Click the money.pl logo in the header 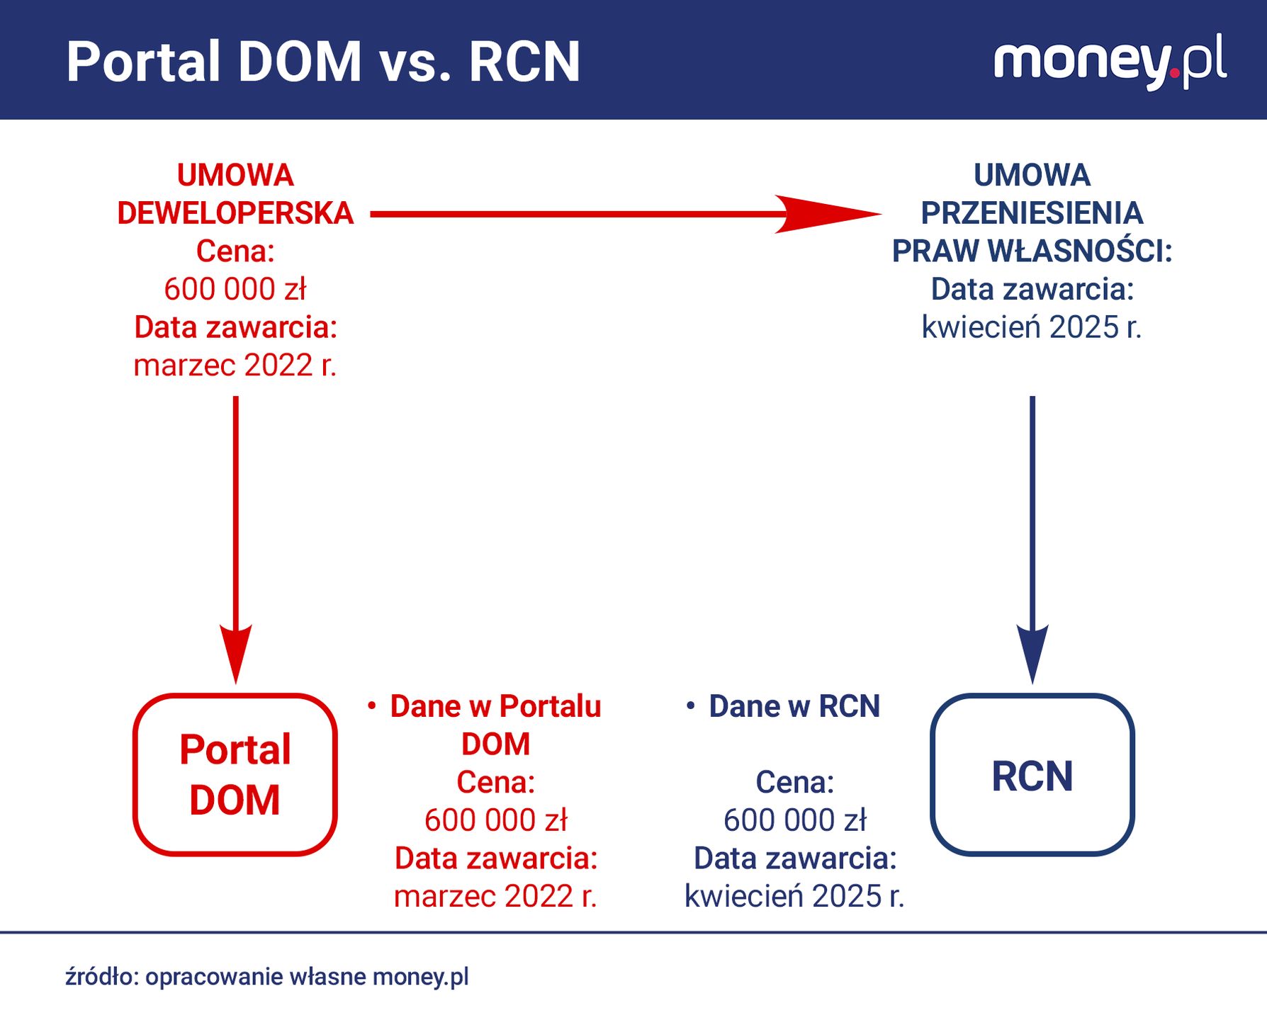point(1110,61)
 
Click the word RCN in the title point(524,62)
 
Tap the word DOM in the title point(300,62)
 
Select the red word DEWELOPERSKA point(235,213)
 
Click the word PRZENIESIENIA point(1032,213)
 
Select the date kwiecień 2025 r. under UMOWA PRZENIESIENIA point(1032,327)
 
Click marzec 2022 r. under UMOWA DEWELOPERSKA point(235,365)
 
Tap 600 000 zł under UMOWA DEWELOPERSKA point(235,289)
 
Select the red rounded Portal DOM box point(235,775)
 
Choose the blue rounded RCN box point(1032,775)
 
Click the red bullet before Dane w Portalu point(371,706)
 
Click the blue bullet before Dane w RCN point(690,706)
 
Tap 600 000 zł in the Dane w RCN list point(794,820)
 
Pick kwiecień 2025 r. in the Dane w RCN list point(794,897)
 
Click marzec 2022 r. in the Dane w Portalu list point(495,897)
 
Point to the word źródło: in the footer point(102,977)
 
